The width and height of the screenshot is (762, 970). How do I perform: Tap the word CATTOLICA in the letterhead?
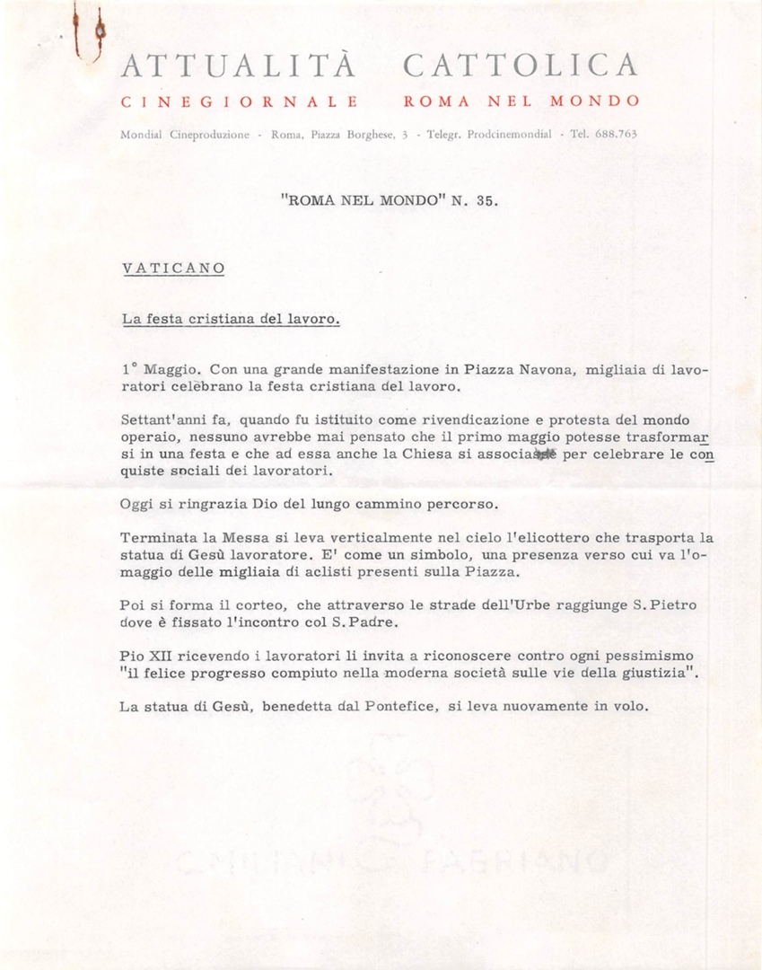coord(521,66)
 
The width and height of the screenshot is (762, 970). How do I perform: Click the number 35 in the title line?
coord(485,201)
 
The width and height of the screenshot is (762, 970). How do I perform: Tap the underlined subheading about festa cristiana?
coord(231,318)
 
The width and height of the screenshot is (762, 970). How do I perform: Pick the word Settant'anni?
coord(162,420)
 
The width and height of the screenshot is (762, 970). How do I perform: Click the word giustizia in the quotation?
coord(647,673)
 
